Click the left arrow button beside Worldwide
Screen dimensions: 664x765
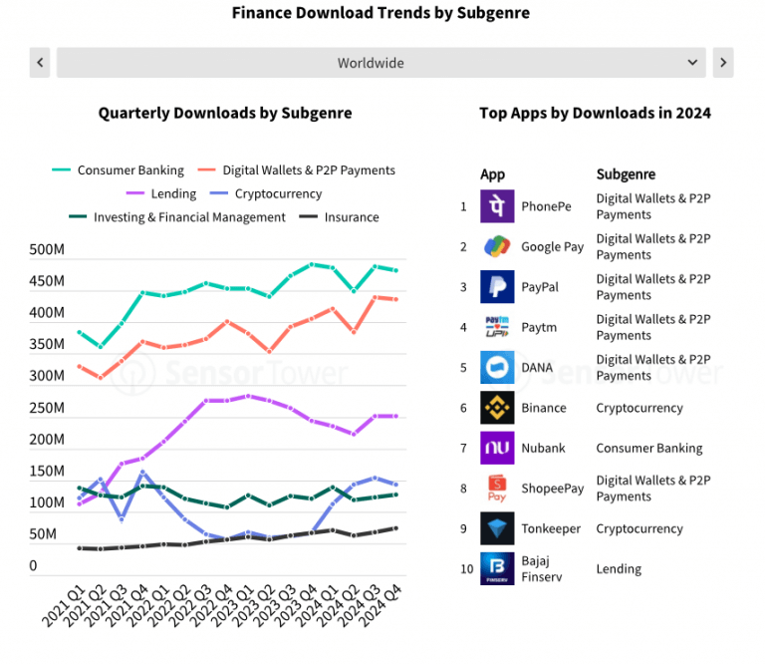41,63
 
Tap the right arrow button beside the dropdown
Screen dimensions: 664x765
723,63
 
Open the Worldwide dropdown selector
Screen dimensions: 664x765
382,63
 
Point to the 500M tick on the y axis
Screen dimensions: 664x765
47,250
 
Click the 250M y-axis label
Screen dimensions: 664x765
47,408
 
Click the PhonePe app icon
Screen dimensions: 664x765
497,206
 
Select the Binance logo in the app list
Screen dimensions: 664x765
497,408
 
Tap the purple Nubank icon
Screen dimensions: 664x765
497,448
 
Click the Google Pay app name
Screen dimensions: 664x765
553,247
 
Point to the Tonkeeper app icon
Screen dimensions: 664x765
497,528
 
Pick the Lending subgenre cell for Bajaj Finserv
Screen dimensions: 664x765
619,569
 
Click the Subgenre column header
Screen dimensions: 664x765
626,174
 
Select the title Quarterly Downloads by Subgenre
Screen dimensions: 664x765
225,113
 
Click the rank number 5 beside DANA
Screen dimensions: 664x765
463,368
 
